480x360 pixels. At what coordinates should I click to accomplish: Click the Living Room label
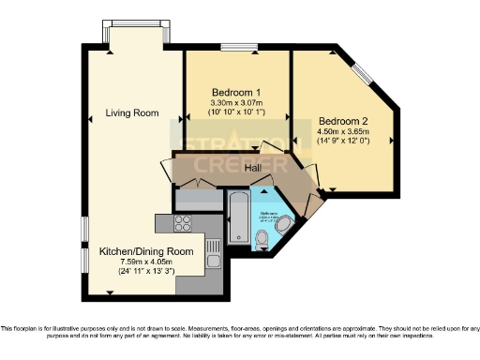(131, 112)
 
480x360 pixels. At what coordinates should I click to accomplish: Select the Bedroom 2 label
(344, 121)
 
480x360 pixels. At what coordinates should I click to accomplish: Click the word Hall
(253, 168)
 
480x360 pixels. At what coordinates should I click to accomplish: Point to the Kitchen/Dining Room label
(146, 251)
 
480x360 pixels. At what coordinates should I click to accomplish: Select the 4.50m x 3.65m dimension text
(344, 132)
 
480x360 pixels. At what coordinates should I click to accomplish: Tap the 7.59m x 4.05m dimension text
(146, 262)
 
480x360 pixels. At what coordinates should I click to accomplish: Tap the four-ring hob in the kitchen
(181, 223)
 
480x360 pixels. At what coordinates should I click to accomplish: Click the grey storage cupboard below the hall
(198, 200)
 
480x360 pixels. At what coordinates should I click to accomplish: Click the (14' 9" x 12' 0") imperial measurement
(344, 142)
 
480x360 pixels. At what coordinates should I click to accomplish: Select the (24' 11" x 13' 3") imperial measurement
(146, 272)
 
